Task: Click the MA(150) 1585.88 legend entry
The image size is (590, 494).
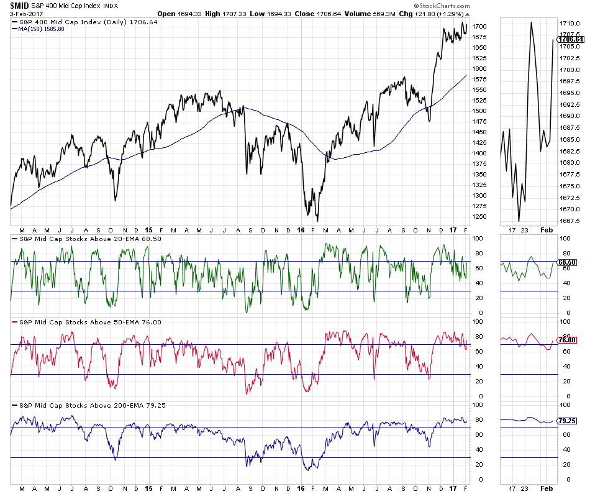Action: [x=41, y=29]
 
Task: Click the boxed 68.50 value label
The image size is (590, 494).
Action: [x=568, y=262]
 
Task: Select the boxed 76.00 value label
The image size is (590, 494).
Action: [x=568, y=340]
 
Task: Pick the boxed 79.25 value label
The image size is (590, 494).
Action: [x=568, y=421]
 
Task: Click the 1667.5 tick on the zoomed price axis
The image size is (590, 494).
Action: [x=570, y=221]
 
